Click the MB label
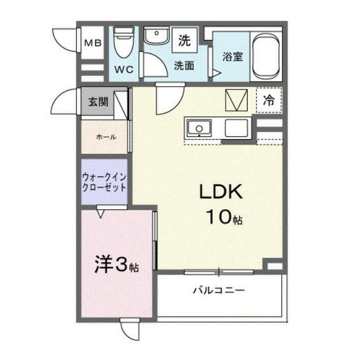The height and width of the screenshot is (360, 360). point(93,43)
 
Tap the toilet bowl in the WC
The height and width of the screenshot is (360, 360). point(124,42)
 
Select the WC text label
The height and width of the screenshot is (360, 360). point(124,69)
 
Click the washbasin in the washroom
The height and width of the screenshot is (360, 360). point(156,35)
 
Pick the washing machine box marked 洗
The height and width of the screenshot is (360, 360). point(184,40)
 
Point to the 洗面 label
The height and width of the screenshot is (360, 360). point(184,66)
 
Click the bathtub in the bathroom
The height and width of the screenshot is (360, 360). point(266,56)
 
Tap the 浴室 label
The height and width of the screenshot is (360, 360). point(232,56)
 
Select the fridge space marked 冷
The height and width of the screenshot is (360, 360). point(269,100)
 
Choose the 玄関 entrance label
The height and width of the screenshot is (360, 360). point(98,101)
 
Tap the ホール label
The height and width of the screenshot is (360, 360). point(106,137)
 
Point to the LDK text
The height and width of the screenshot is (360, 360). point(221,192)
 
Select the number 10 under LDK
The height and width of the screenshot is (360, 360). point(219,217)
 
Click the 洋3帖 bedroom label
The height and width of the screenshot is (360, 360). point(116,264)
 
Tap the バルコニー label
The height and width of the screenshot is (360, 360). point(219,291)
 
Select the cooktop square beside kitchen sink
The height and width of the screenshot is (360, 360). point(236,128)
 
